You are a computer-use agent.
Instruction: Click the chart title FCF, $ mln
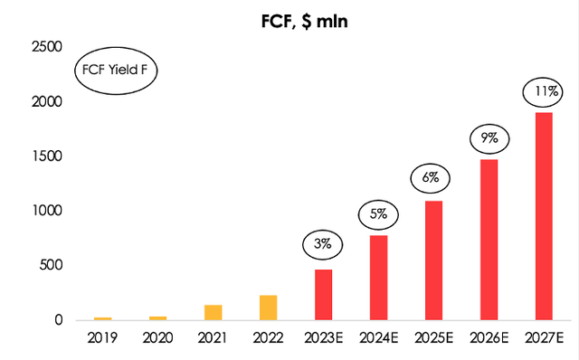point(298,19)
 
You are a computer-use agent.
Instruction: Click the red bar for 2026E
point(489,240)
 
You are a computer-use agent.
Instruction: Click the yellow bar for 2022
point(268,308)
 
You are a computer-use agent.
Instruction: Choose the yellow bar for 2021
point(213,312)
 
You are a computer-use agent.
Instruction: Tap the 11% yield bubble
point(545,90)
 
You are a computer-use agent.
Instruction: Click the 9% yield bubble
point(489,139)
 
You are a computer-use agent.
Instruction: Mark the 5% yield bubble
point(378,214)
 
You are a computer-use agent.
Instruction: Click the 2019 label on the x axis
point(102,338)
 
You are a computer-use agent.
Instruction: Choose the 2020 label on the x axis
point(157,338)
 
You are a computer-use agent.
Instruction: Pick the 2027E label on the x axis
point(545,338)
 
